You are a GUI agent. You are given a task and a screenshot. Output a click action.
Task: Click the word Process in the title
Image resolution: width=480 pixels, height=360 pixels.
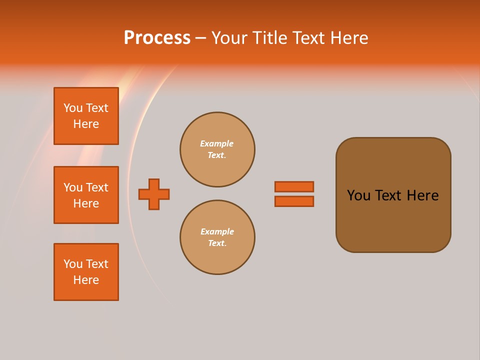(157, 38)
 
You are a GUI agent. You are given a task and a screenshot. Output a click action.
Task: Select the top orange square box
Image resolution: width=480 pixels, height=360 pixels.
(86, 116)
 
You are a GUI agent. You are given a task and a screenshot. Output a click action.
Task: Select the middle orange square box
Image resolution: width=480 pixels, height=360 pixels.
(86, 195)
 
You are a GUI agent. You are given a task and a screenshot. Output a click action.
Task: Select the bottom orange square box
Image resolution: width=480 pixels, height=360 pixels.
(86, 272)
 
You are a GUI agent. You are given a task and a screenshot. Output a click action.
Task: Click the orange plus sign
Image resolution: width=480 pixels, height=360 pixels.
(154, 194)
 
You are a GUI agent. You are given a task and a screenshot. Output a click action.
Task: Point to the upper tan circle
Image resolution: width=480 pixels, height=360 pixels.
(217, 149)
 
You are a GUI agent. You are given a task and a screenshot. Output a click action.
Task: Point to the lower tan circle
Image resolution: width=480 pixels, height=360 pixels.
(217, 237)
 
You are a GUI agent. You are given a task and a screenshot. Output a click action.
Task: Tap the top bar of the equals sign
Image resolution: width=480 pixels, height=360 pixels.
(294, 186)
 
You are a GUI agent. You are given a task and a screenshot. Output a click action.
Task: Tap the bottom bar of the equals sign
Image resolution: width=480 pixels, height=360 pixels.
(294, 201)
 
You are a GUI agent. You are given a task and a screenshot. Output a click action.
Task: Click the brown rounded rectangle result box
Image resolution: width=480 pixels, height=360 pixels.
(393, 220)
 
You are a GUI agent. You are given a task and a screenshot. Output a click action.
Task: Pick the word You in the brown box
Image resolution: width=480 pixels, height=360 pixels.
(358, 195)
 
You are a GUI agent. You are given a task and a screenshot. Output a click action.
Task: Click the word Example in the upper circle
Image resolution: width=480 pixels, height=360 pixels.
(216, 143)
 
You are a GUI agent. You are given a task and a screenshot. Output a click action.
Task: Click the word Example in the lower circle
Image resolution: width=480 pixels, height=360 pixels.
(217, 231)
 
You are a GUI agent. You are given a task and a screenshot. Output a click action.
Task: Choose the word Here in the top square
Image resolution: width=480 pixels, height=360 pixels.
(86, 124)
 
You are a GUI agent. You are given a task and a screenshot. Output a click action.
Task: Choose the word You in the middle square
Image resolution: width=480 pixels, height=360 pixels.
(73, 187)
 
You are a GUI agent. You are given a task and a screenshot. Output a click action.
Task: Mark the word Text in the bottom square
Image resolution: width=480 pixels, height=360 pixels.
(97, 264)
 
